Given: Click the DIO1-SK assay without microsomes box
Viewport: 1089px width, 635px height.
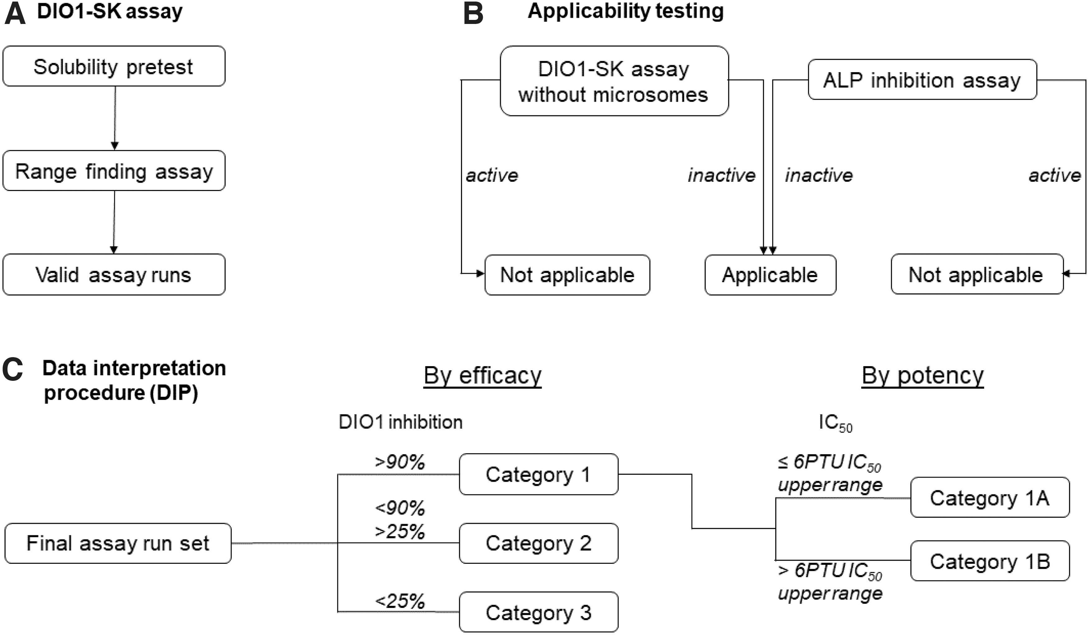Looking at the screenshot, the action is point(614,81).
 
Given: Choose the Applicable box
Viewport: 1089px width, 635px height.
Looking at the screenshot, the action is point(770,275).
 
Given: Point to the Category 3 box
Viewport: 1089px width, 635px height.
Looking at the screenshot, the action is point(539,612).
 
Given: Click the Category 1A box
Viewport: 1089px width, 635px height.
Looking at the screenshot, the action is point(990,497).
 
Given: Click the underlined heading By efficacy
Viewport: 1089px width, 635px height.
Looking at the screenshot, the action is point(482,376).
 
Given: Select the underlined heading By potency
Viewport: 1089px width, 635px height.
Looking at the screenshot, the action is point(923,376).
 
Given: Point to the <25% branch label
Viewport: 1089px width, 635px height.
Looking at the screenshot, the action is point(400,601).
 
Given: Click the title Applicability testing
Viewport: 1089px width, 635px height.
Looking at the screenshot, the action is point(626,11).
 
